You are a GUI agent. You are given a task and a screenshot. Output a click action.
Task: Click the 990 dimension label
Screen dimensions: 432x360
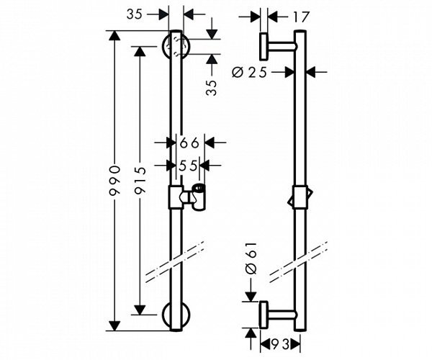(x=114, y=181)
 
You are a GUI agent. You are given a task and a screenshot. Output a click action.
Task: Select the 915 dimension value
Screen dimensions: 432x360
(x=140, y=181)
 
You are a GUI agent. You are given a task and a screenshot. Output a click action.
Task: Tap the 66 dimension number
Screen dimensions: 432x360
(x=189, y=143)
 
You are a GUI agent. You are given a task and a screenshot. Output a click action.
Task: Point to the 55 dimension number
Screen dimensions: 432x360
(x=188, y=166)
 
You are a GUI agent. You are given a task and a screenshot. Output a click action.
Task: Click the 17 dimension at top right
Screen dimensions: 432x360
(x=300, y=17)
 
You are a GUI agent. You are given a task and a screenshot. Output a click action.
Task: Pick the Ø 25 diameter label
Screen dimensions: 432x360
(x=250, y=73)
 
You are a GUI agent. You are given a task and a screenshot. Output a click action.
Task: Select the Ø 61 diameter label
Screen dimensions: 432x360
(x=251, y=258)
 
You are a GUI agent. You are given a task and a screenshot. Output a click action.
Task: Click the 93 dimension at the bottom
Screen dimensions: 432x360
(x=281, y=344)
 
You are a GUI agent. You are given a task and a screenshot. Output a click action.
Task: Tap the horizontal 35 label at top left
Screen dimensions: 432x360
(x=135, y=14)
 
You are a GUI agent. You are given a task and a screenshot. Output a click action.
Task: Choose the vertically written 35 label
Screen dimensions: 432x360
(x=212, y=88)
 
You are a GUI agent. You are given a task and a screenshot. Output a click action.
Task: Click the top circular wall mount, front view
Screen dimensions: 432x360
(x=176, y=46)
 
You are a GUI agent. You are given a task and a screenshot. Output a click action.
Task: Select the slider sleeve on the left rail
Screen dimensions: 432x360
(x=176, y=197)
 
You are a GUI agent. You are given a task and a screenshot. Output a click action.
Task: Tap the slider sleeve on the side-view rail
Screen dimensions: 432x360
(x=300, y=198)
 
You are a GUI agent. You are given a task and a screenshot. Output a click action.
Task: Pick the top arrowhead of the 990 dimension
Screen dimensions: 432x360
(x=114, y=36)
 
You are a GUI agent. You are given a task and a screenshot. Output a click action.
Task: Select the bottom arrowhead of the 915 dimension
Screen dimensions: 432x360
(x=140, y=310)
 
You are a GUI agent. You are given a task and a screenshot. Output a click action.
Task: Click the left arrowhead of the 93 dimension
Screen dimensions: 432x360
(x=265, y=344)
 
